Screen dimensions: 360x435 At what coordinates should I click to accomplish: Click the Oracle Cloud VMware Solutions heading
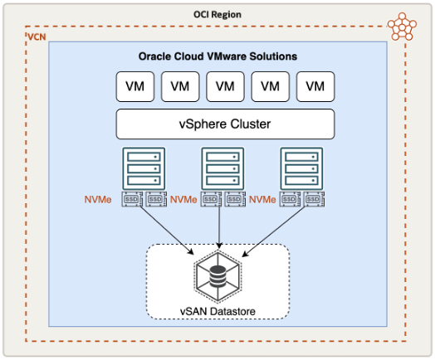point(217,56)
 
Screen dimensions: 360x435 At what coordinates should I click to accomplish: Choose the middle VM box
point(225,85)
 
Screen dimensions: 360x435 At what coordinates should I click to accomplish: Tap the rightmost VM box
point(315,85)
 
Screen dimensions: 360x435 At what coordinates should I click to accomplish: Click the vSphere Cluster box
point(224,124)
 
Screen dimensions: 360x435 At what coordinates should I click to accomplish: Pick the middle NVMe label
point(184,200)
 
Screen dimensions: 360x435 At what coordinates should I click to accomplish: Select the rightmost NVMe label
point(262,200)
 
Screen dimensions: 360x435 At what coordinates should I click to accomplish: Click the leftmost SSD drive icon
point(131,200)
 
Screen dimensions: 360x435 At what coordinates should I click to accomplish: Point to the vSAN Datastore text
point(217,312)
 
